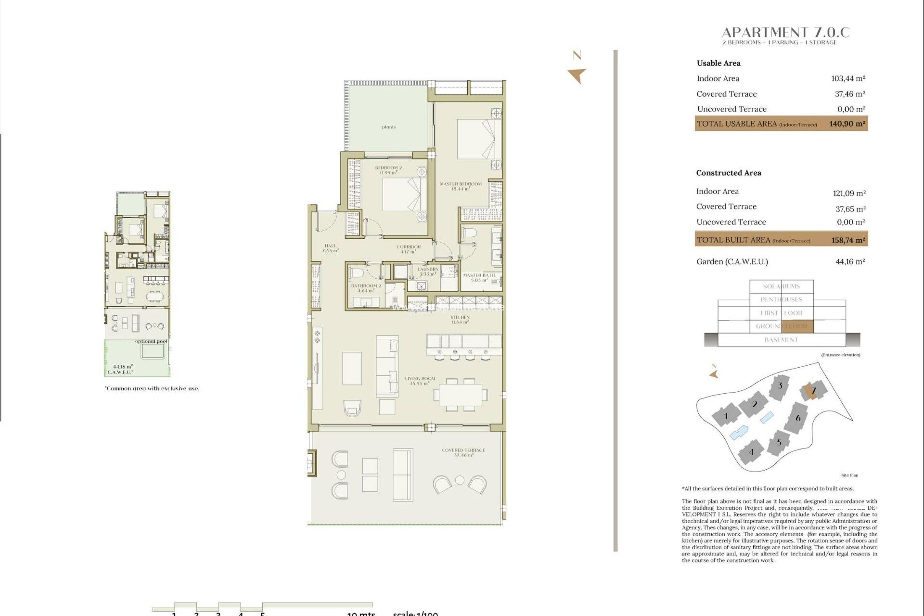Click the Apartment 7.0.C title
point(785,33)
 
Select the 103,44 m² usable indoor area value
point(848,78)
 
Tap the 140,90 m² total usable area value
point(847,124)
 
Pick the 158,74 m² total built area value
point(848,240)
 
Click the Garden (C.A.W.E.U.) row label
point(732,262)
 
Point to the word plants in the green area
point(389,127)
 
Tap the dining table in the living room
point(460,395)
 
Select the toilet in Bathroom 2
point(357,273)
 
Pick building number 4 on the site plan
point(751,452)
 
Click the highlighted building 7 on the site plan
point(813,390)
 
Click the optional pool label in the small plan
point(151,341)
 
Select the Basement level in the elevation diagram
point(781,340)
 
